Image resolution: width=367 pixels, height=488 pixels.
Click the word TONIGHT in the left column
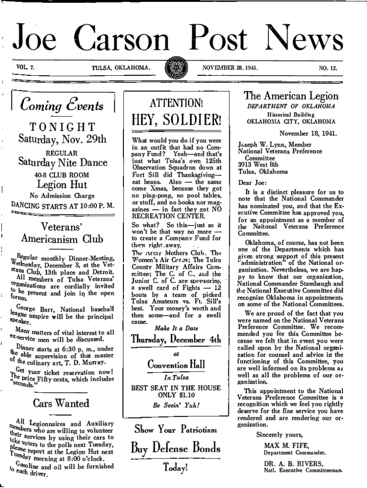(62, 127)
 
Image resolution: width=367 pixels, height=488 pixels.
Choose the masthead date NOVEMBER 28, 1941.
(230, 68)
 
